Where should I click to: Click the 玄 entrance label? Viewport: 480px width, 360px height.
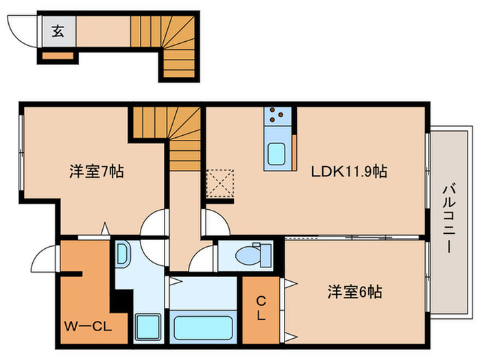(x=58, y=32)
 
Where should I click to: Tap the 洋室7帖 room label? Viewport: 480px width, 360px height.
(x=96, y=172)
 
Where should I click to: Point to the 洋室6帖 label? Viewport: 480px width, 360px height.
(x=354, y=292)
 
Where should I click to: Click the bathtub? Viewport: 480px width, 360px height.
(x=202, y=326)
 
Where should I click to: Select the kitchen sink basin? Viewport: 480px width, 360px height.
(x=278, y=154)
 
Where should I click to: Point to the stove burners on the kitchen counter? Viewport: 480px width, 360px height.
(x=278, y=116)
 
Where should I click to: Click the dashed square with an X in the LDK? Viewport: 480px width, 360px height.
(x=220, y=182)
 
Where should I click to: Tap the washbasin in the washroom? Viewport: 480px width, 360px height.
(x=122, y=256)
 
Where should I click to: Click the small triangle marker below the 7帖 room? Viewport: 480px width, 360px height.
(x=105, y=228)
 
